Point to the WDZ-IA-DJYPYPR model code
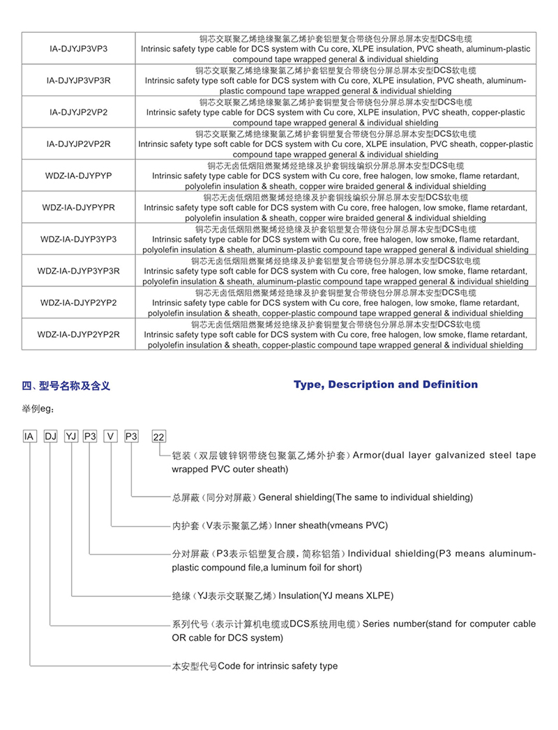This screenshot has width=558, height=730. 79,208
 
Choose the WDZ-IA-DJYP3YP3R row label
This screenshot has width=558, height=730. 79,271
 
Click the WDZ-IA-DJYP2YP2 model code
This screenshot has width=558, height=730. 79,303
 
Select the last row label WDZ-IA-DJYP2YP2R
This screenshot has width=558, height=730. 79,334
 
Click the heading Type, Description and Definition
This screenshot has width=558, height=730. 386,385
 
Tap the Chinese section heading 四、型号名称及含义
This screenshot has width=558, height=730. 66,385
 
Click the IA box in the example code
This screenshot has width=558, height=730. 29,436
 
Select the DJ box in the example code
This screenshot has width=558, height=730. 50,436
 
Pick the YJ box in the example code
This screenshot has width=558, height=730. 70,436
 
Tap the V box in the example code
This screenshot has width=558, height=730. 111,436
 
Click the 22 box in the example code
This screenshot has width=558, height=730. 159,437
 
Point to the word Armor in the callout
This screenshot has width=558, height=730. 367,456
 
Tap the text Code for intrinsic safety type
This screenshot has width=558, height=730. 278,666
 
